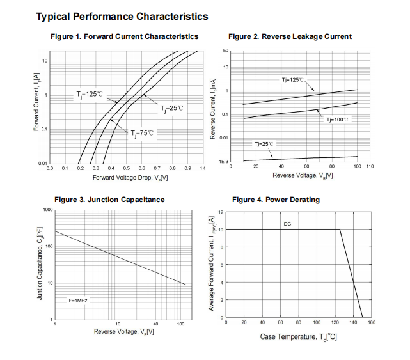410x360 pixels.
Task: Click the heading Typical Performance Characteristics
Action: coord(122,16)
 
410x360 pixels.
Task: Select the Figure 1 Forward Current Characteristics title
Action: coord(124,36)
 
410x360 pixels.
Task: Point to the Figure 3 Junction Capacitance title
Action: coord(109,200)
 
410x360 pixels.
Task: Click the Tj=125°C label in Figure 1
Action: coord(90,94)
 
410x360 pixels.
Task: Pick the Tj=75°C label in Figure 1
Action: coord(142,133)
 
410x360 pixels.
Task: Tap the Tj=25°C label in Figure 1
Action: coord(171,107)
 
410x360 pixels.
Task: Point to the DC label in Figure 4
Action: coord(287,224)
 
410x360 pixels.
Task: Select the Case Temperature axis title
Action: coord(299,337)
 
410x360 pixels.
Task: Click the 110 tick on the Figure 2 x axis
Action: coord(370,166)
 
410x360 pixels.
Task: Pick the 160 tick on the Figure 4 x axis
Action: coord(371,322)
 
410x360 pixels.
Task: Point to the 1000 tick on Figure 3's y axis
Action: coord(47,210)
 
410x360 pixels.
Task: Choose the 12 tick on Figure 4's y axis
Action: coord(220,212)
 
